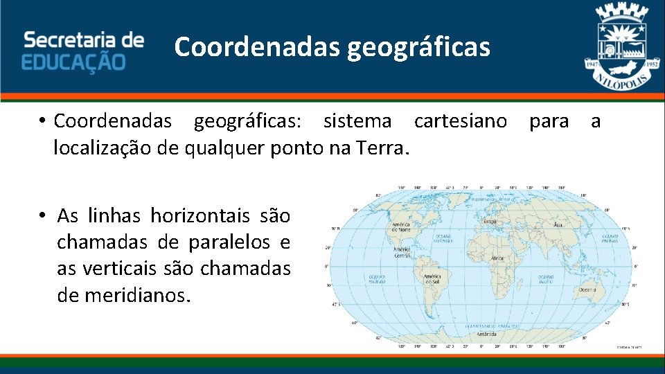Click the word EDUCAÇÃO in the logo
point(73,61)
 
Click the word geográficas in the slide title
point(418,47)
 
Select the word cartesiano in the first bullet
point(460,121)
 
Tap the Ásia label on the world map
point(557,225)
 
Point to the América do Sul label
point(432,279)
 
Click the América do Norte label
point(401,226)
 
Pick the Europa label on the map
point(489,222)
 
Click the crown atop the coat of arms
point(621,12)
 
